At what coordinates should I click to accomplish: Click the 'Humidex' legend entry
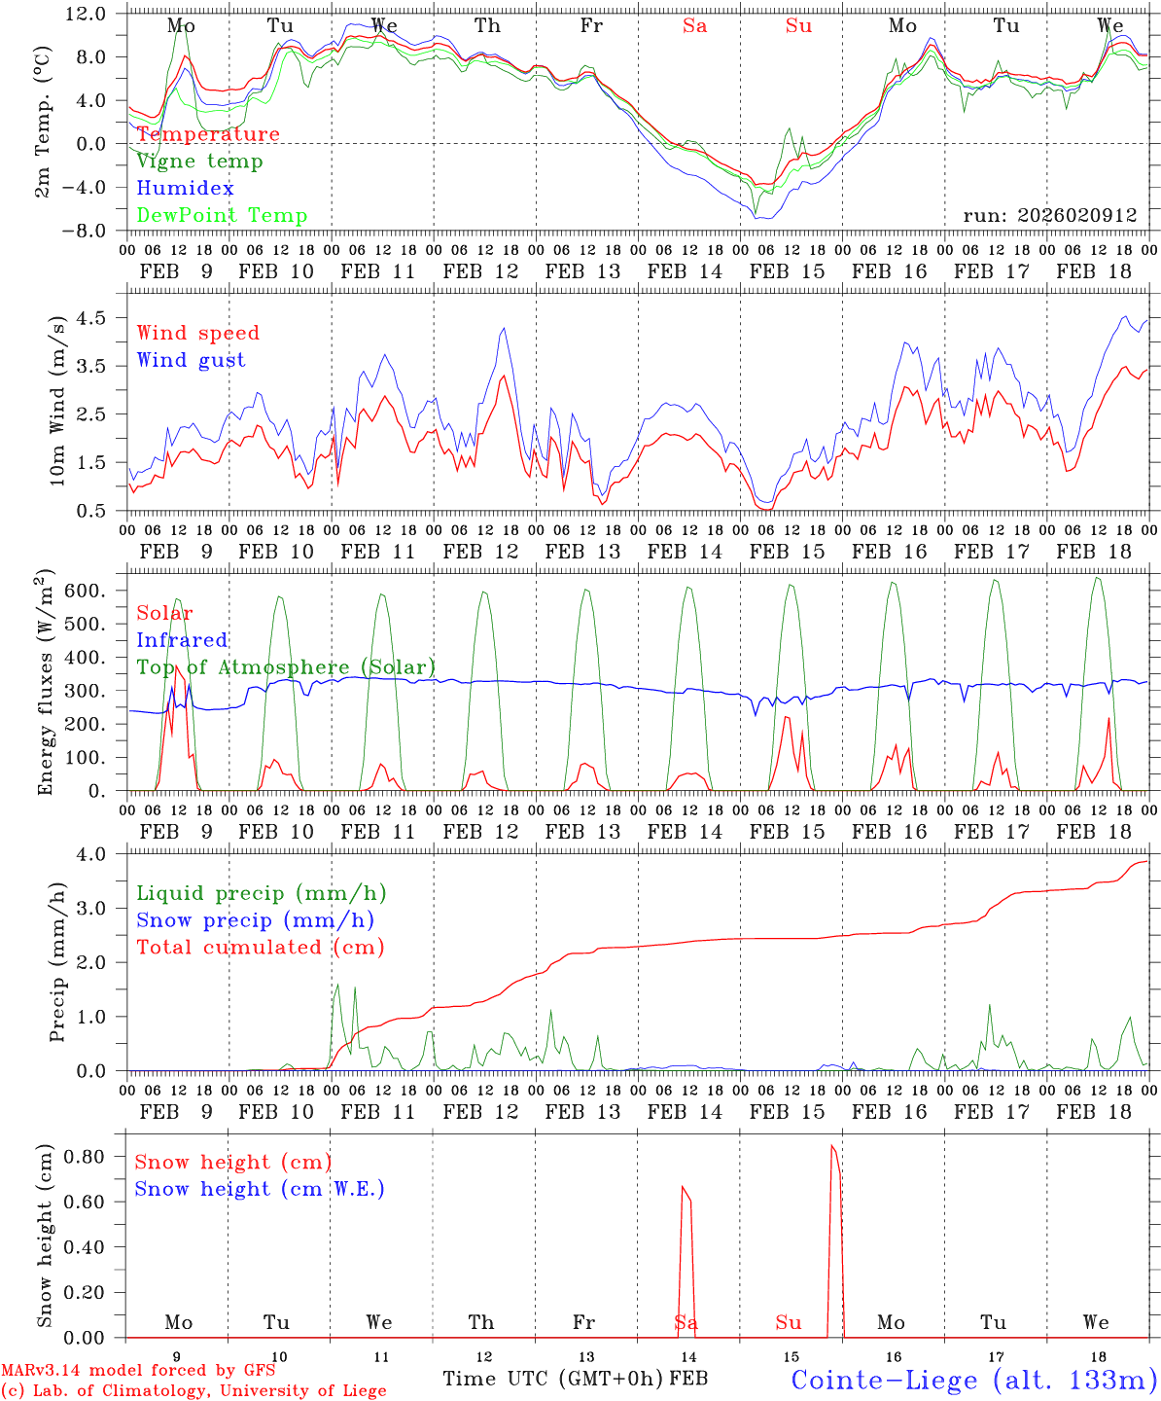[x=185, y=189]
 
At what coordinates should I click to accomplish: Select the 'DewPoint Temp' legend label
[x=222, y=216]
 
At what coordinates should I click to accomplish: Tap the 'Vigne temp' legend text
[x=199, y=162]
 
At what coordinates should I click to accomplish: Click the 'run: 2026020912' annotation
[x=1049, y=215]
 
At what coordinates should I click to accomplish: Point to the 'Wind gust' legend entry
[x=191, y=360]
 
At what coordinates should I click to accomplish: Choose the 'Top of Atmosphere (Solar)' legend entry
[x=286, y=667]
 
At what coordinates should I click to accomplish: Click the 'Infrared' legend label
[x=182, y=640]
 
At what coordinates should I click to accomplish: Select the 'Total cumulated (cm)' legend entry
[x=260, y=948]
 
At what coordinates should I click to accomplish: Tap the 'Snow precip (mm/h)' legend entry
[x=255, y=920]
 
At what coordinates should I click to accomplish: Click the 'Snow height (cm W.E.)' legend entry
[x=260, y=1189]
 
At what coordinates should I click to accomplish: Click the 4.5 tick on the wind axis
[x=90, y=318]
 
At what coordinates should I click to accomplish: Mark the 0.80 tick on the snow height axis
[x=87, y=1157]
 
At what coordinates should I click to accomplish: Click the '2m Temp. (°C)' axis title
[x=44, y=122]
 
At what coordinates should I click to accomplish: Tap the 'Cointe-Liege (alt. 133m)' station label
[x=973, y=1380]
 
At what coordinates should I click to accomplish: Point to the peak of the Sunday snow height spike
[x=831, y=1146]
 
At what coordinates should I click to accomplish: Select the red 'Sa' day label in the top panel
[x=694, y=26]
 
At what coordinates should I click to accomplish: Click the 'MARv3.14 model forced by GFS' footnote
[x=138, y=1371]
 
